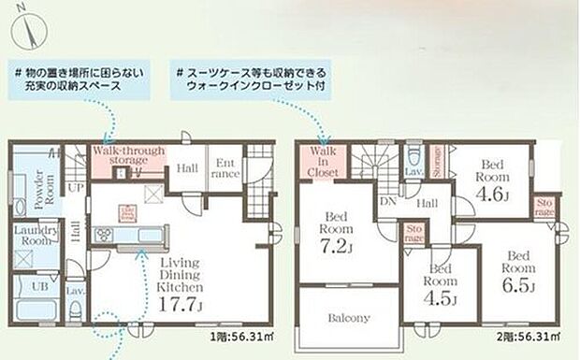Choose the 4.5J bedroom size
441,300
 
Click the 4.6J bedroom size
492,194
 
